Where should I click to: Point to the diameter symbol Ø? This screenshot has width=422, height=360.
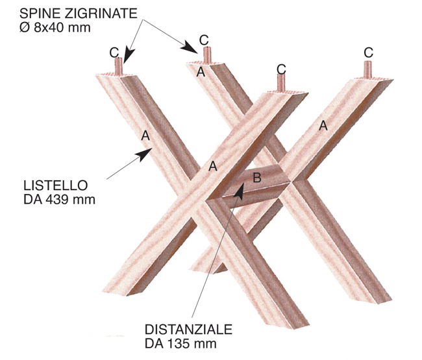click(x=25, y=28)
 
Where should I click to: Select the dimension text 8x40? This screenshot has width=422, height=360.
click(x=49, y=28)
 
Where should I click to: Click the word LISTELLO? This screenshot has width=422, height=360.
click(x=55, y=186)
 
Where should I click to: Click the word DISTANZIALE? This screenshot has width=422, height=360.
click(x=189, y=330)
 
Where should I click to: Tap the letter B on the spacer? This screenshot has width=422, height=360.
click(x=257, y=178)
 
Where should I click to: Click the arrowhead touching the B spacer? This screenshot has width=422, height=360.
click(x=239, y=191)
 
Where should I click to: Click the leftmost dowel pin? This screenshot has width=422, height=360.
click(x=118, y=66)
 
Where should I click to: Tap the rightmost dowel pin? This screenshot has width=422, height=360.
click(x=367, y=69)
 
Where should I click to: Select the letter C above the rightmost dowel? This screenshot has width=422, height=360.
click(x=369, y=53)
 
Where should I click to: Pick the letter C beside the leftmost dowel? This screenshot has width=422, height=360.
click(x=114, y=53)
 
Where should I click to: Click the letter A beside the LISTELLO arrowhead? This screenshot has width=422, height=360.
click(x=145, y=136)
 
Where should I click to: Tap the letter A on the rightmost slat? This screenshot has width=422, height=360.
click(x=323, y=126)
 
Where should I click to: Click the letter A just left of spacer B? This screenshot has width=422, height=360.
click(x=212, y=167)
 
